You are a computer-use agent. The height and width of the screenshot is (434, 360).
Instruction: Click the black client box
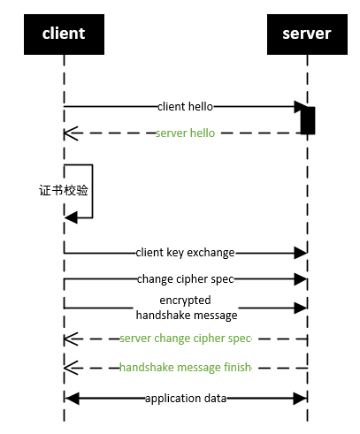[x=64, y=34]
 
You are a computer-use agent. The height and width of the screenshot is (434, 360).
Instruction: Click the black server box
[x=307, y=34]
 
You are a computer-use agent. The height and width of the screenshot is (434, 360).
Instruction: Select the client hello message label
[x=185, y=106]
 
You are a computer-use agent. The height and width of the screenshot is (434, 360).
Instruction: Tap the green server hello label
[x=185, y=133]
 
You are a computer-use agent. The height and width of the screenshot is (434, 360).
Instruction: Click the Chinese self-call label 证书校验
[x=64, y=190]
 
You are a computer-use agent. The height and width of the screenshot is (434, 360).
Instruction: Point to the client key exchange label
[x=185, y=253]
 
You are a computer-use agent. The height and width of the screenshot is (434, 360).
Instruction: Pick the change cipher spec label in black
[x=185, y=279]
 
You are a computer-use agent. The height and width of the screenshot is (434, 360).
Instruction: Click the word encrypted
[x=185, y=301]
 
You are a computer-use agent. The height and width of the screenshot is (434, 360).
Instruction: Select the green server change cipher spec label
[x=186, y=339]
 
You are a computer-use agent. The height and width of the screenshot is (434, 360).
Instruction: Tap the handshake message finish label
[x=186, y=368]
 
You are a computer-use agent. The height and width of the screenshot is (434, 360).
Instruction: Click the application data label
[x=186, y=399]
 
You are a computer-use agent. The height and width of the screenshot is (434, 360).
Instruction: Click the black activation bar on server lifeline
[x=308, y=120]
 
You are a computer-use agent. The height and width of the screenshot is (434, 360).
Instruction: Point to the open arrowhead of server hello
[x=71, y=133]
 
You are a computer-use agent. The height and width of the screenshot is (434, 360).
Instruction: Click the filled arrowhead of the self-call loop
[x=71, y=217]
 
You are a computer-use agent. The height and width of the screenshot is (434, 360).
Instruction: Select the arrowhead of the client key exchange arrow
[x=301, y=253]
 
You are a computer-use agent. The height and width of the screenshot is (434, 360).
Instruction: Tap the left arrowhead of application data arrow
[x=72, y=399]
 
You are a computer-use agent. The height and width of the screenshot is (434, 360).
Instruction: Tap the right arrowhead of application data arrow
[x=300, y=399]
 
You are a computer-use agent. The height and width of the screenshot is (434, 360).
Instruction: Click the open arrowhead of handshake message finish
[x=71, y=368]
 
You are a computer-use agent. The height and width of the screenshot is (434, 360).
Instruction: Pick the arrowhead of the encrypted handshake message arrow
[x=301, y=308]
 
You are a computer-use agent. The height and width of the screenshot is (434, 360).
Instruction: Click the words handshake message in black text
[x=187, y=316]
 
